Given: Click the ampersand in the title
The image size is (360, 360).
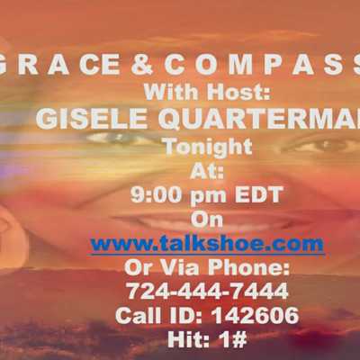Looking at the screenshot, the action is tap(142, 65).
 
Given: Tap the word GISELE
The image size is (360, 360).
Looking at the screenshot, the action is tap(91, 119).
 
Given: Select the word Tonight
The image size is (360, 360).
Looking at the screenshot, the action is tap(209, 147).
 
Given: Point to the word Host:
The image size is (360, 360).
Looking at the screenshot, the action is tap(238, 92).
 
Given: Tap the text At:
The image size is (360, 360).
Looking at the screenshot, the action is tap(207, 171).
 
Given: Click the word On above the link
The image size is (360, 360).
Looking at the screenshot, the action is tap(207, 220).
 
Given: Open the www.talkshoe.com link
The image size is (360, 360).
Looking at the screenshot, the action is tap(208, 244).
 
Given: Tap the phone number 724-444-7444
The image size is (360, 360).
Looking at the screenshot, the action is tap(207, 291).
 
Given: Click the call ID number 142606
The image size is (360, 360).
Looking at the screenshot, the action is tap(255, 315).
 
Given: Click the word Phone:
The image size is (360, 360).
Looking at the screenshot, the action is tap(248, 267).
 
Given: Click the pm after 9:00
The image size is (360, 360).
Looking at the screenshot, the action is tap(209, 196).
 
